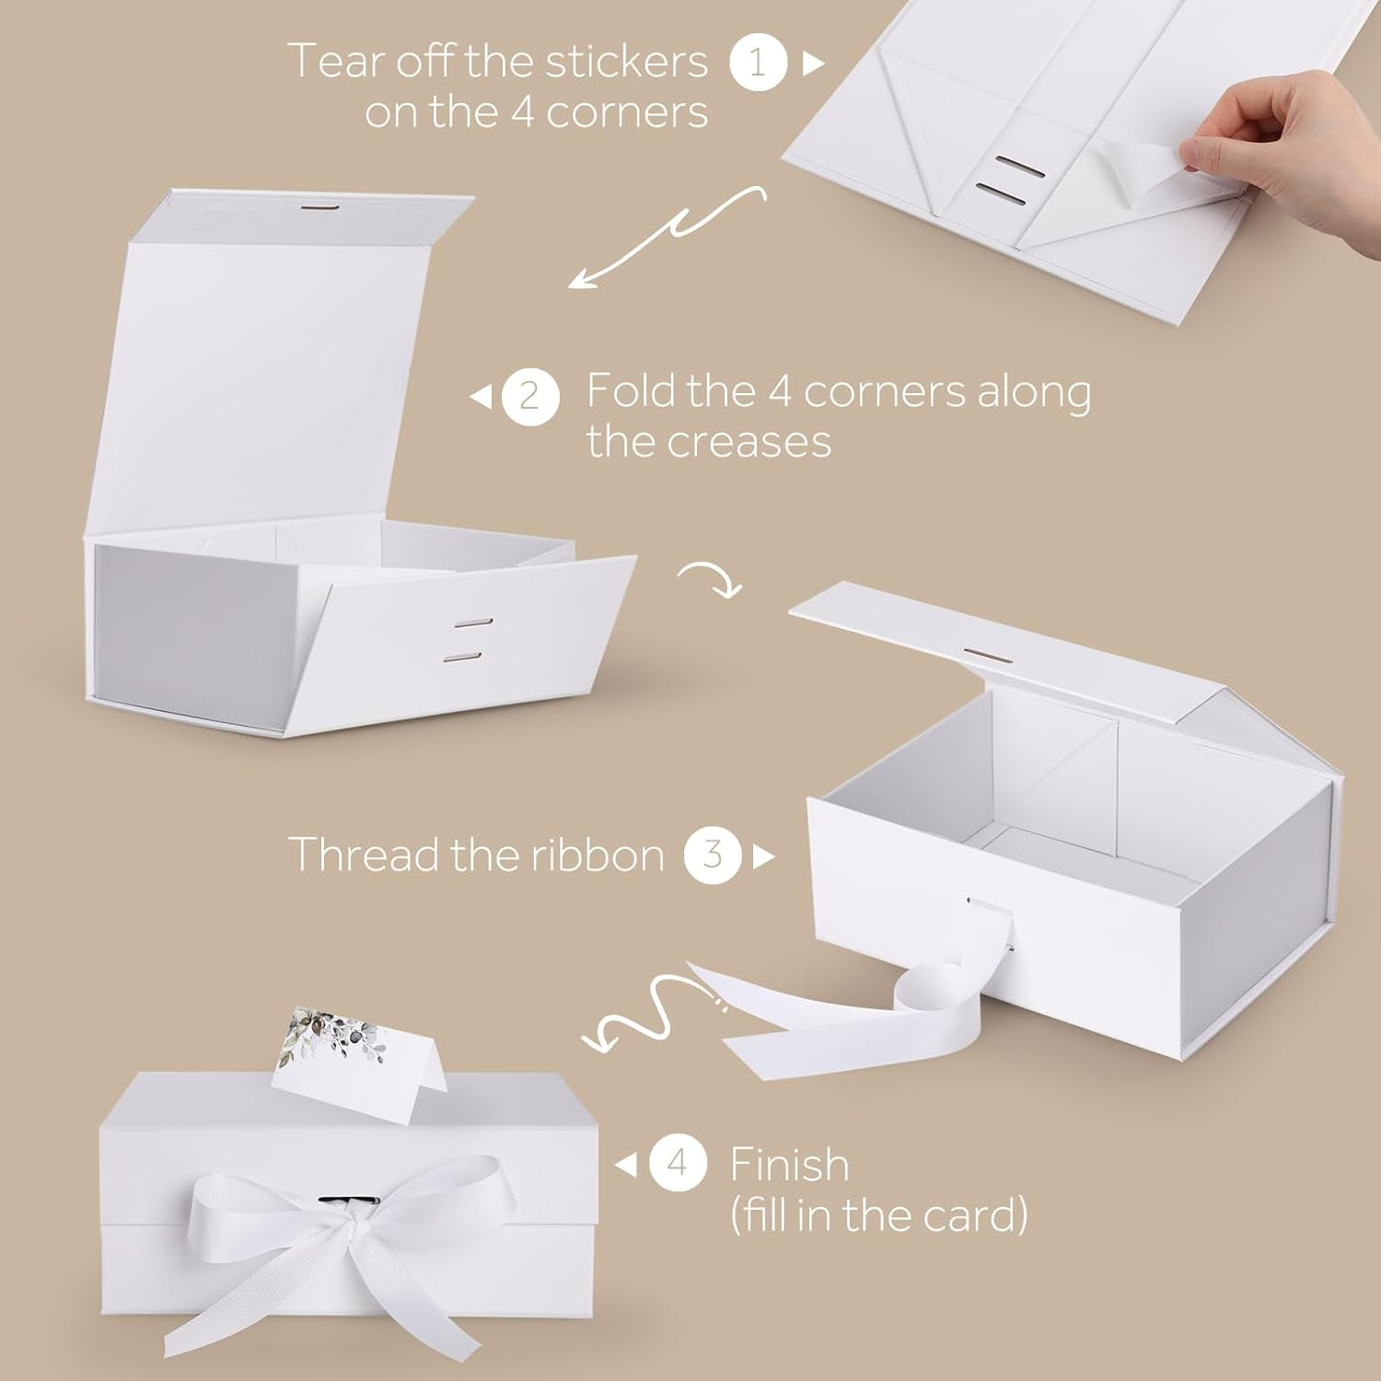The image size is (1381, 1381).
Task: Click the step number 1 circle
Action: click(x=758, y=63)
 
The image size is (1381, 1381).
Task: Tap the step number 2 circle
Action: click(x=530, y=397)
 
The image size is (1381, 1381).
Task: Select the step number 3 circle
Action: click(x=713, y=856)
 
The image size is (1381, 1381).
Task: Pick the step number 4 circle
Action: click(x=678, y=1165)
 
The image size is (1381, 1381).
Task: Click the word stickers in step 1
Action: click(x=627, y=62)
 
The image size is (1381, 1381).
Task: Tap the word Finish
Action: click(x=789, y=1165)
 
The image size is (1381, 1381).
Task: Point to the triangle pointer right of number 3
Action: click(x=763, y=857)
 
